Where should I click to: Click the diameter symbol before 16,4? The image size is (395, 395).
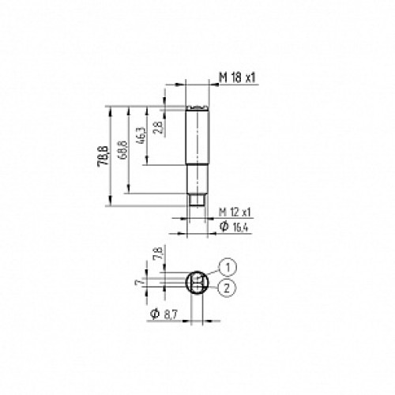224,228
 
